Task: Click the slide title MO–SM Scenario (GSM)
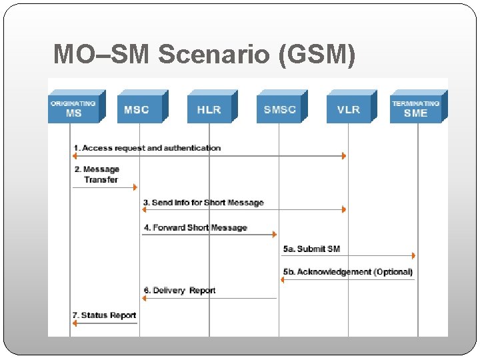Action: pos(204,54)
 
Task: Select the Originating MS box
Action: pos(73,109)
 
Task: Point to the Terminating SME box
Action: pos(416,109)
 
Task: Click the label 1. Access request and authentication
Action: pos(147,148)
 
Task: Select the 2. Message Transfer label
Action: pos(97,175)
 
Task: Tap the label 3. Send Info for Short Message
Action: pos(203,203)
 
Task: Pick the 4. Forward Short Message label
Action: pos(195,228)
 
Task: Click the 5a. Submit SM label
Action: pos(311,249)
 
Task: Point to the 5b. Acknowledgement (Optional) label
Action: pos(347,272)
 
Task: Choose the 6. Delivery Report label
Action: pos(179,291)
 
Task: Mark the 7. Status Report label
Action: pos(104,315)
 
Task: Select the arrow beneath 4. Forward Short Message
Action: pos(209,234)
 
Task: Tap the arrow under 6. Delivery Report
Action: pos(209,298)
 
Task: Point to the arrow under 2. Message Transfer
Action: pos(105,187)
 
